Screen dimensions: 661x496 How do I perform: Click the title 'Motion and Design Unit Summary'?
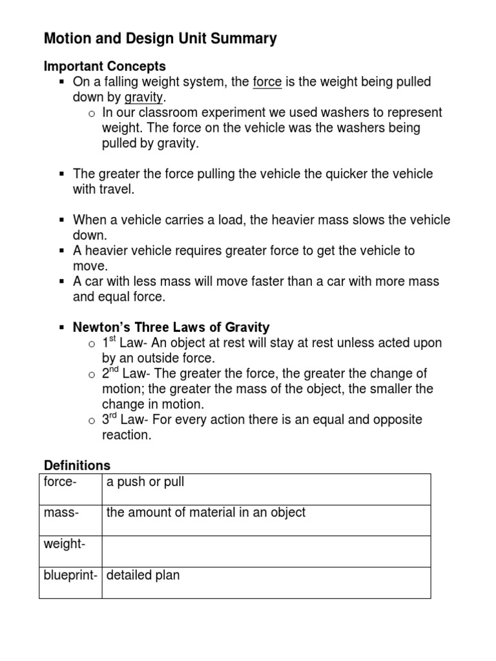[160, 39]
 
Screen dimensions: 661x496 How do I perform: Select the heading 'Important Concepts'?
[105, 66]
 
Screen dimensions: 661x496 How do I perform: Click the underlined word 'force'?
[266, 82]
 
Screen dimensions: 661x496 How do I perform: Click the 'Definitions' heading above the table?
[77, 465]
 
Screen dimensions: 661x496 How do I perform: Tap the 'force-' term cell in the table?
[60, 482]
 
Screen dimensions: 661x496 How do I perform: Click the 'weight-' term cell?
[65, 544]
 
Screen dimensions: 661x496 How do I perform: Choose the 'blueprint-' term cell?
[70, 575]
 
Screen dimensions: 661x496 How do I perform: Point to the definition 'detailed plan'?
[143, 575]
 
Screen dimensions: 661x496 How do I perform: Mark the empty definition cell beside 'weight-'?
[266, 551]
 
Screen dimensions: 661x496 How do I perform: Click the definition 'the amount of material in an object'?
[206, 513]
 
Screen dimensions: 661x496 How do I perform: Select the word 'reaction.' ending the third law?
[127, 435]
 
